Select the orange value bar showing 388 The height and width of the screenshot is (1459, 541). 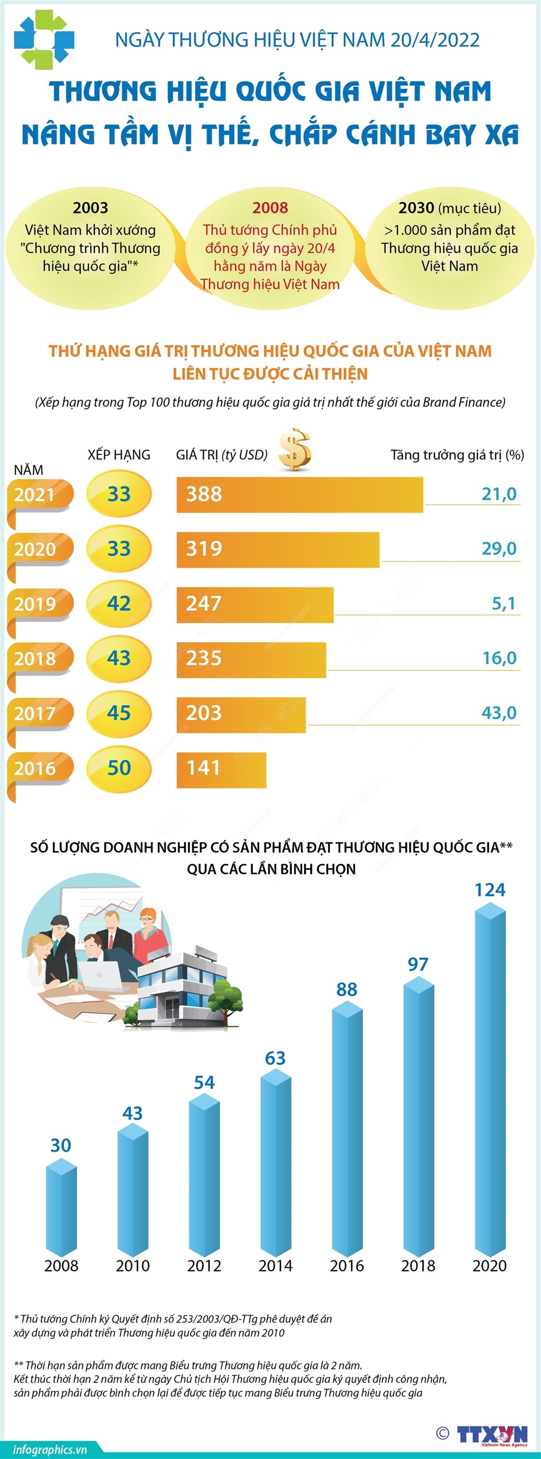click(x=299, y=495)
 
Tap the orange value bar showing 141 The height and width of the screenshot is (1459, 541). click(x=221, y=769)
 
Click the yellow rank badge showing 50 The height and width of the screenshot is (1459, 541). click(x=119, y=768)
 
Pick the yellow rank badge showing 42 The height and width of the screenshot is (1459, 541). click(x=119, y=604)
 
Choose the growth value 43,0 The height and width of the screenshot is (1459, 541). click(x=499, y=712)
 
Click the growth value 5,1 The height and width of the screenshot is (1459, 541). click(x=503, y=603)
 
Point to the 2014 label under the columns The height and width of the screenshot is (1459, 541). click(x=275, y=1266)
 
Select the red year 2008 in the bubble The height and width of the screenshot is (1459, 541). click(x=270, y=208)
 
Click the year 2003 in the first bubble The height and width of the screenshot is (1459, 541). click(x=90, y=208)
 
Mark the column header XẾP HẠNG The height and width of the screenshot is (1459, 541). click(x=119, y=455)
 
